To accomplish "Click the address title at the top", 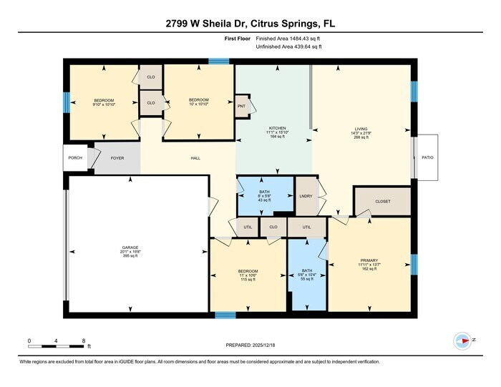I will (250, 24).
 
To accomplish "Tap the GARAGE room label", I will (130, 252).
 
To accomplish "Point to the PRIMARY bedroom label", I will (369, 263).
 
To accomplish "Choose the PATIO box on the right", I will (427, 157).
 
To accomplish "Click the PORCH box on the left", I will (74, 158).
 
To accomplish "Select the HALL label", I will (195, 158).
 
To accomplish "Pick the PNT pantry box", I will (241, 105).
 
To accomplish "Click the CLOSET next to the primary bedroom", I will (383, 201).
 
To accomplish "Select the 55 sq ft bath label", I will (307, 275).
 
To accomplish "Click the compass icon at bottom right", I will (461, 341).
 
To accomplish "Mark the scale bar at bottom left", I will (57, 346).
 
